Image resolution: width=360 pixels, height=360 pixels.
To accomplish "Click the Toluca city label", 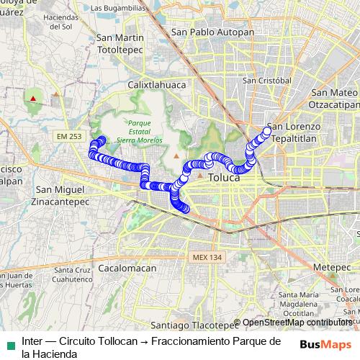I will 223,176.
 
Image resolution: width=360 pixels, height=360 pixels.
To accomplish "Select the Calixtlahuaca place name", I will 157,85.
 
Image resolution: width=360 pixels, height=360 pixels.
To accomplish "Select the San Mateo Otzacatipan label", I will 334,98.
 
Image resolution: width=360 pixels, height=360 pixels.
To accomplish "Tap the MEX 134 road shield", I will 209,257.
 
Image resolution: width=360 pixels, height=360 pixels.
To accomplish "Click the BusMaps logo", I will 326,344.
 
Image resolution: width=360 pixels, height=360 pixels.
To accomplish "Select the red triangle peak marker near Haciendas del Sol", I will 33,97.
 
